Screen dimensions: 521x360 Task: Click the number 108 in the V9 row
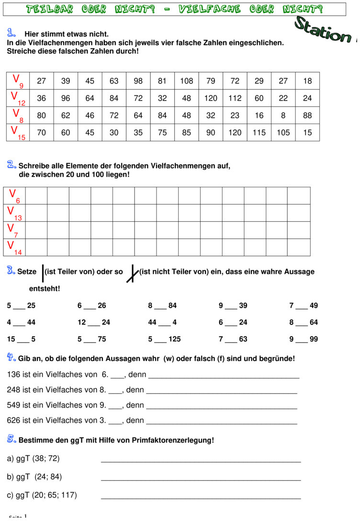coord(187,81)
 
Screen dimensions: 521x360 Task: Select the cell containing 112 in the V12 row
coord(235,98)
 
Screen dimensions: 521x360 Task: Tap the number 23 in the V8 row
coord(235,115)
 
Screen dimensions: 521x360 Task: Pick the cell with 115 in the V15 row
coord(259,133)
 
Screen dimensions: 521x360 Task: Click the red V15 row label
coord(18,133)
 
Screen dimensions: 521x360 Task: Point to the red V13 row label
coord(15,213)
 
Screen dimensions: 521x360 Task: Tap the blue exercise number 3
coord(11,271)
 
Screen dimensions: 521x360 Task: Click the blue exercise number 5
coord(12,439)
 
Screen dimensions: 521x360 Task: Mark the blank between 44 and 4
coord(164,323)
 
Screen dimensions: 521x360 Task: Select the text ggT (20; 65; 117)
coord(42,495)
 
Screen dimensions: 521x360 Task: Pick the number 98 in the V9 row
coord(138,81)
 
